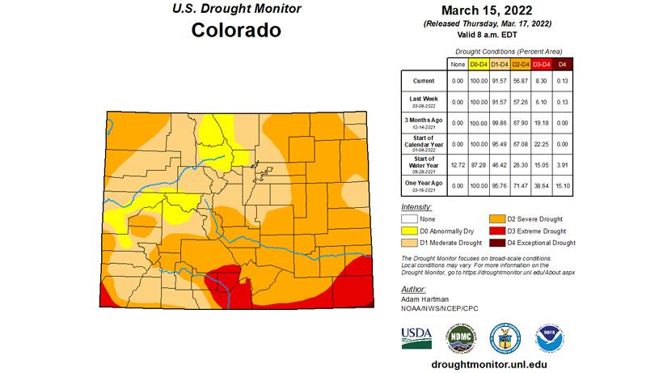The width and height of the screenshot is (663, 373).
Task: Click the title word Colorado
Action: click(236, 31)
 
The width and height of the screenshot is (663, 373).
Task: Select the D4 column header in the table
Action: click(563, 63)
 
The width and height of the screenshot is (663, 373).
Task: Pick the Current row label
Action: click(423, 82)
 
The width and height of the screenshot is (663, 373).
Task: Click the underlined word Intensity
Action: click(415, 207)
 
